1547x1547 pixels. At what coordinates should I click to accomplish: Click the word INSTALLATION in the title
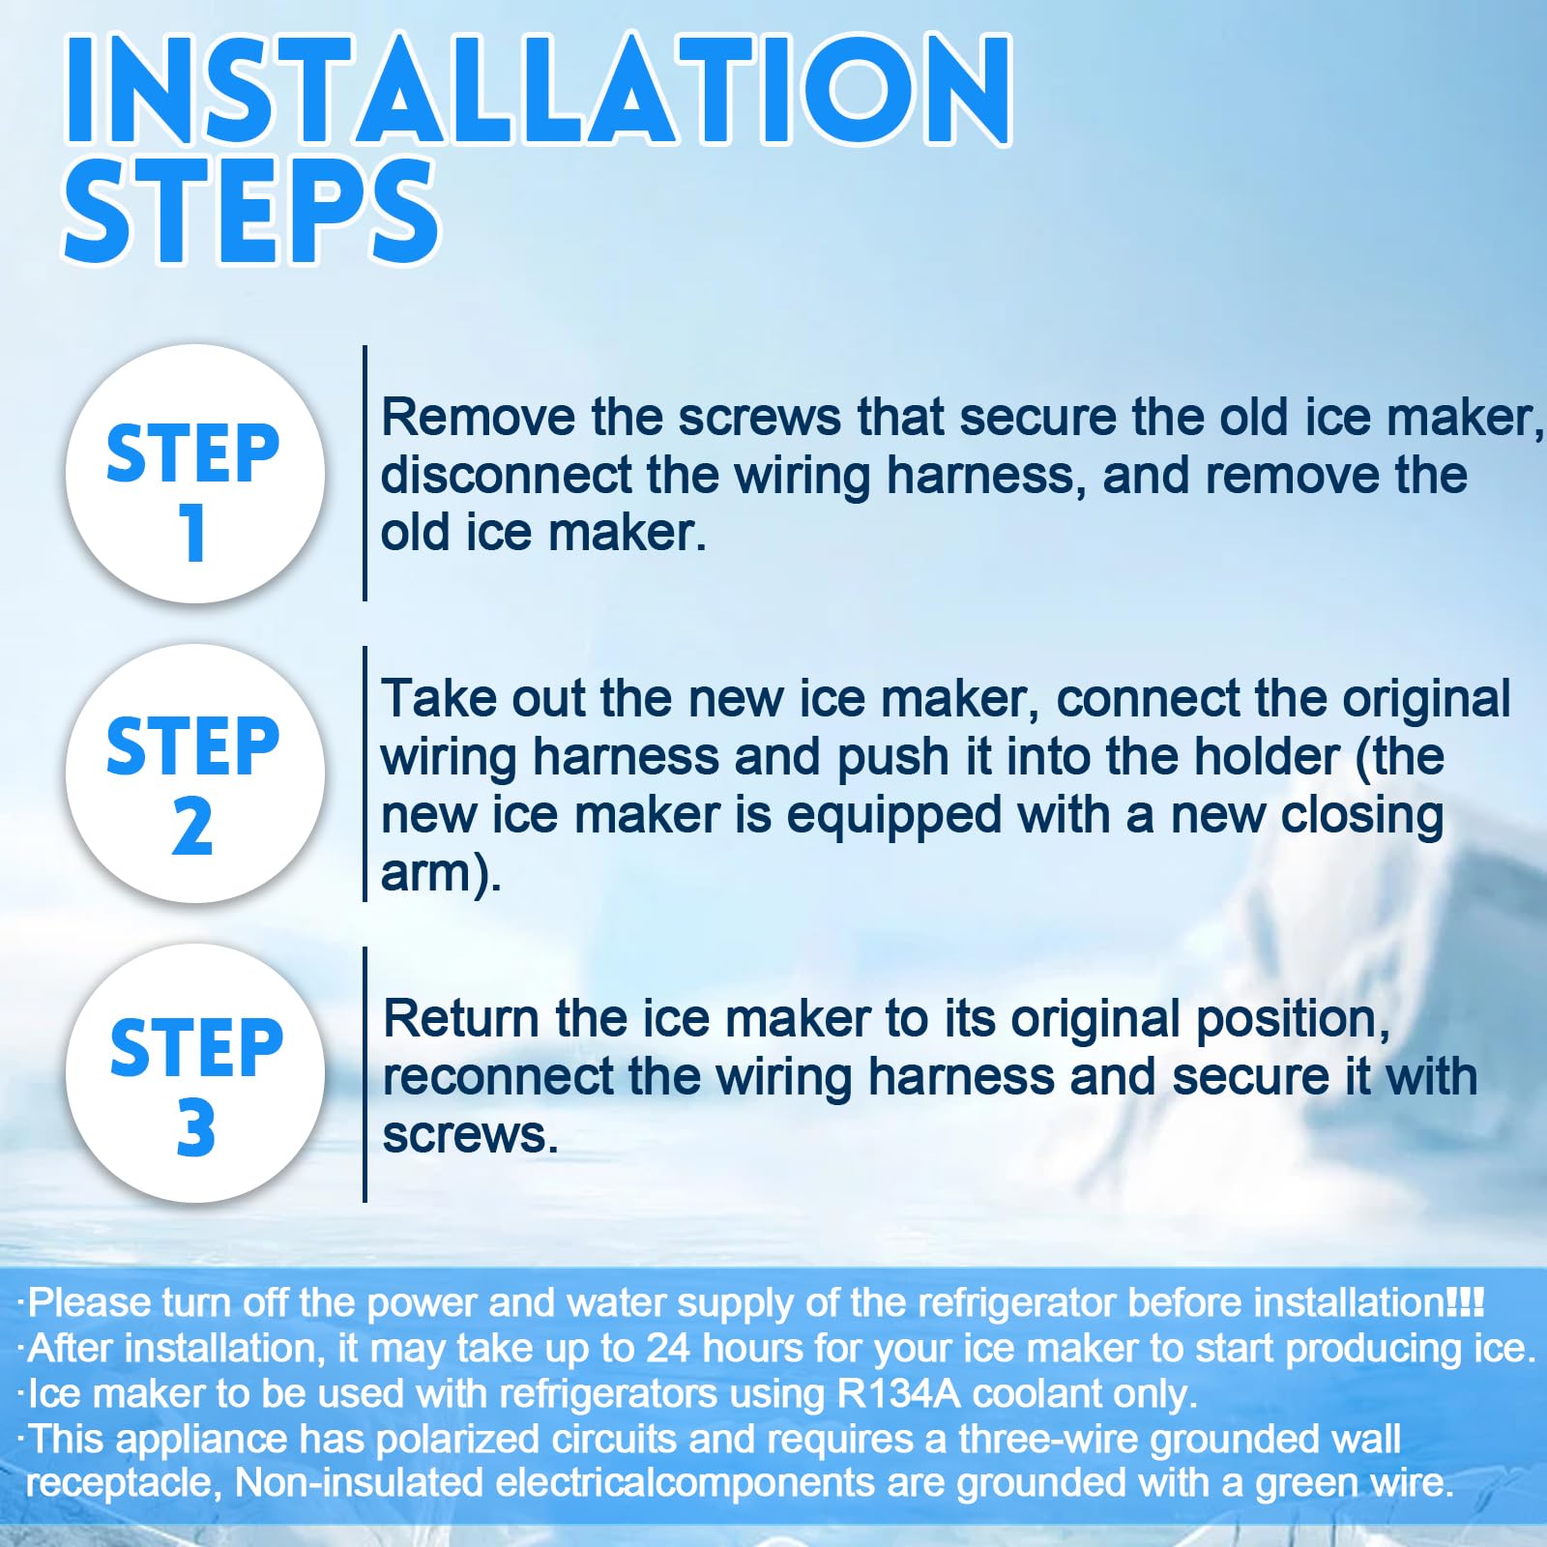click(x=538, y=89)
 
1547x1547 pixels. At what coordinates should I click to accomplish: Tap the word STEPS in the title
click(x=251, y=212)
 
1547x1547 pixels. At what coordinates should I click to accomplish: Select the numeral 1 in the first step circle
click(x=192, y=532)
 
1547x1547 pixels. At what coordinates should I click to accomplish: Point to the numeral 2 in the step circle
click(x=192, y=827)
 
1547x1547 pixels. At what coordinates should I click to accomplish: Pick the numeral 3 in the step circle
click(x=195, y=1127)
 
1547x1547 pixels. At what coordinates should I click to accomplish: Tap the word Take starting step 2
click(x=439, y=698)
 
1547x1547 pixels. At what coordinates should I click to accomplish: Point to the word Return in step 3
click(x=461, y=1019)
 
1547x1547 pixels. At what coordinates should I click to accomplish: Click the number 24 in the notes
click(x=669, y=1348)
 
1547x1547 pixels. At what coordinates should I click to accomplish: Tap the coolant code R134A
click(x=899, y=1393)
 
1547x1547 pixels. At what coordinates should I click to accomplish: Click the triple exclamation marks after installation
click(x=1465, y=1301)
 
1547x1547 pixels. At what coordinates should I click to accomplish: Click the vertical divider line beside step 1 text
click(x=365, y=473)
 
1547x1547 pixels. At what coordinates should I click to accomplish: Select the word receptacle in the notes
click(x=123, y=1484)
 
